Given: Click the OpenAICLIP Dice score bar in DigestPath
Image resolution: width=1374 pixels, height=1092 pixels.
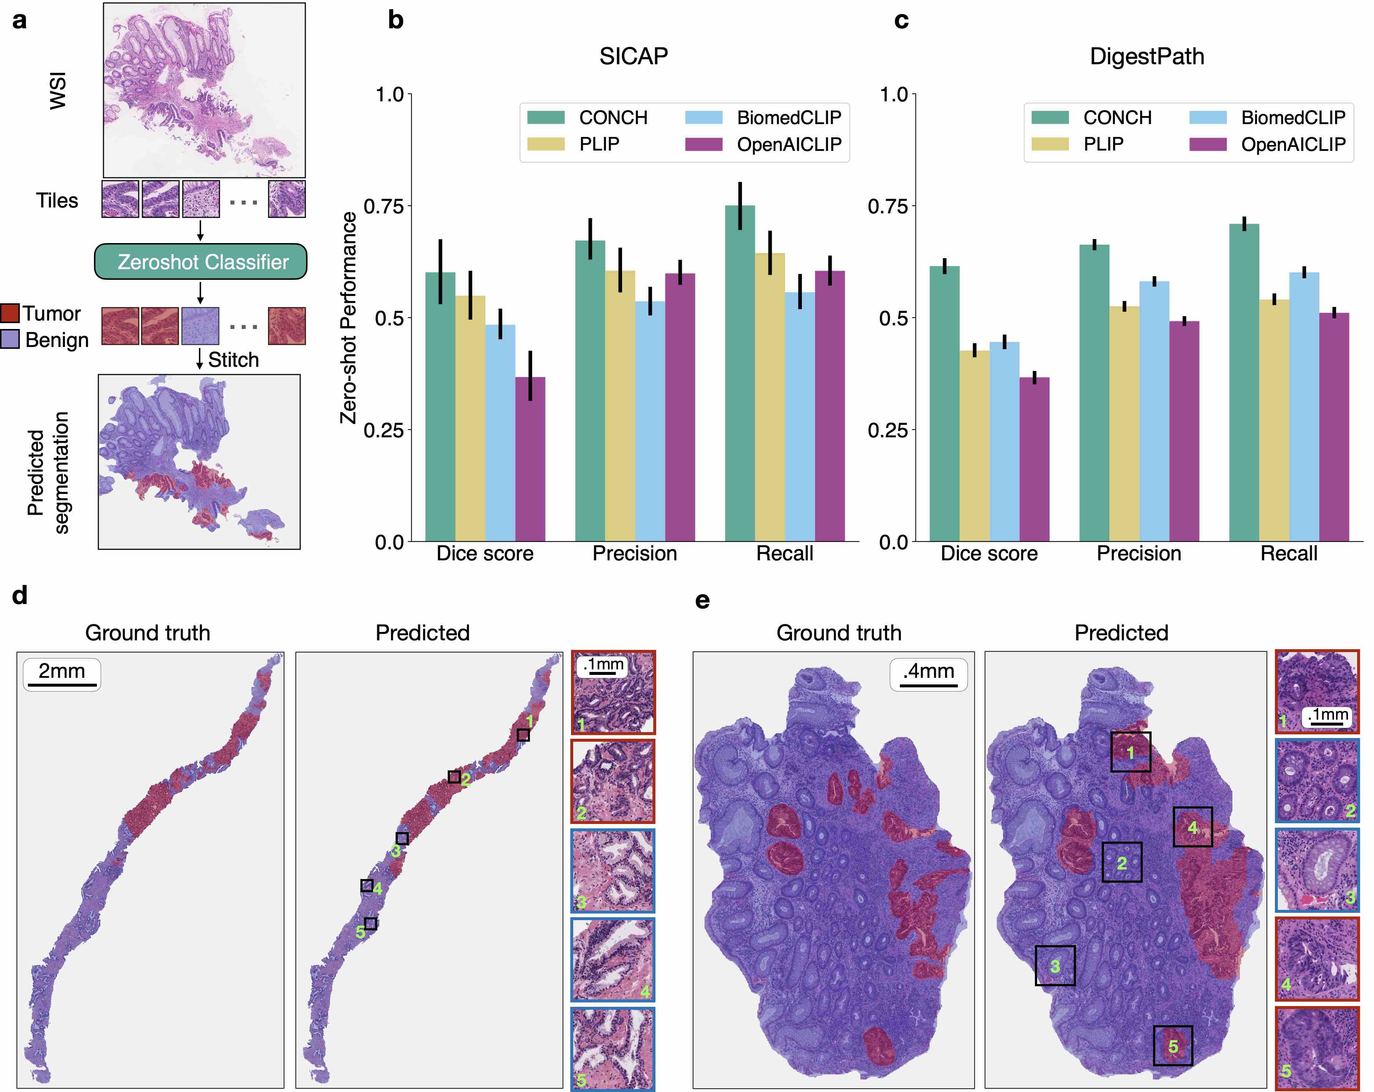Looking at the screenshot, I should (1034, 459).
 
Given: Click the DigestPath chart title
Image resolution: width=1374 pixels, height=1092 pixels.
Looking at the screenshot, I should (1146, 56).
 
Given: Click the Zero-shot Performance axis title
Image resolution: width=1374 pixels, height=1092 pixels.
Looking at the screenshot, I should (348, 318).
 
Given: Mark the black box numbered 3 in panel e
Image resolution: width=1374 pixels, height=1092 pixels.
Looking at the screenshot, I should (1055, 965).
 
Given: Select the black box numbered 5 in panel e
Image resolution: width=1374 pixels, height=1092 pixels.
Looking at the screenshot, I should (1173, 1045).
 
